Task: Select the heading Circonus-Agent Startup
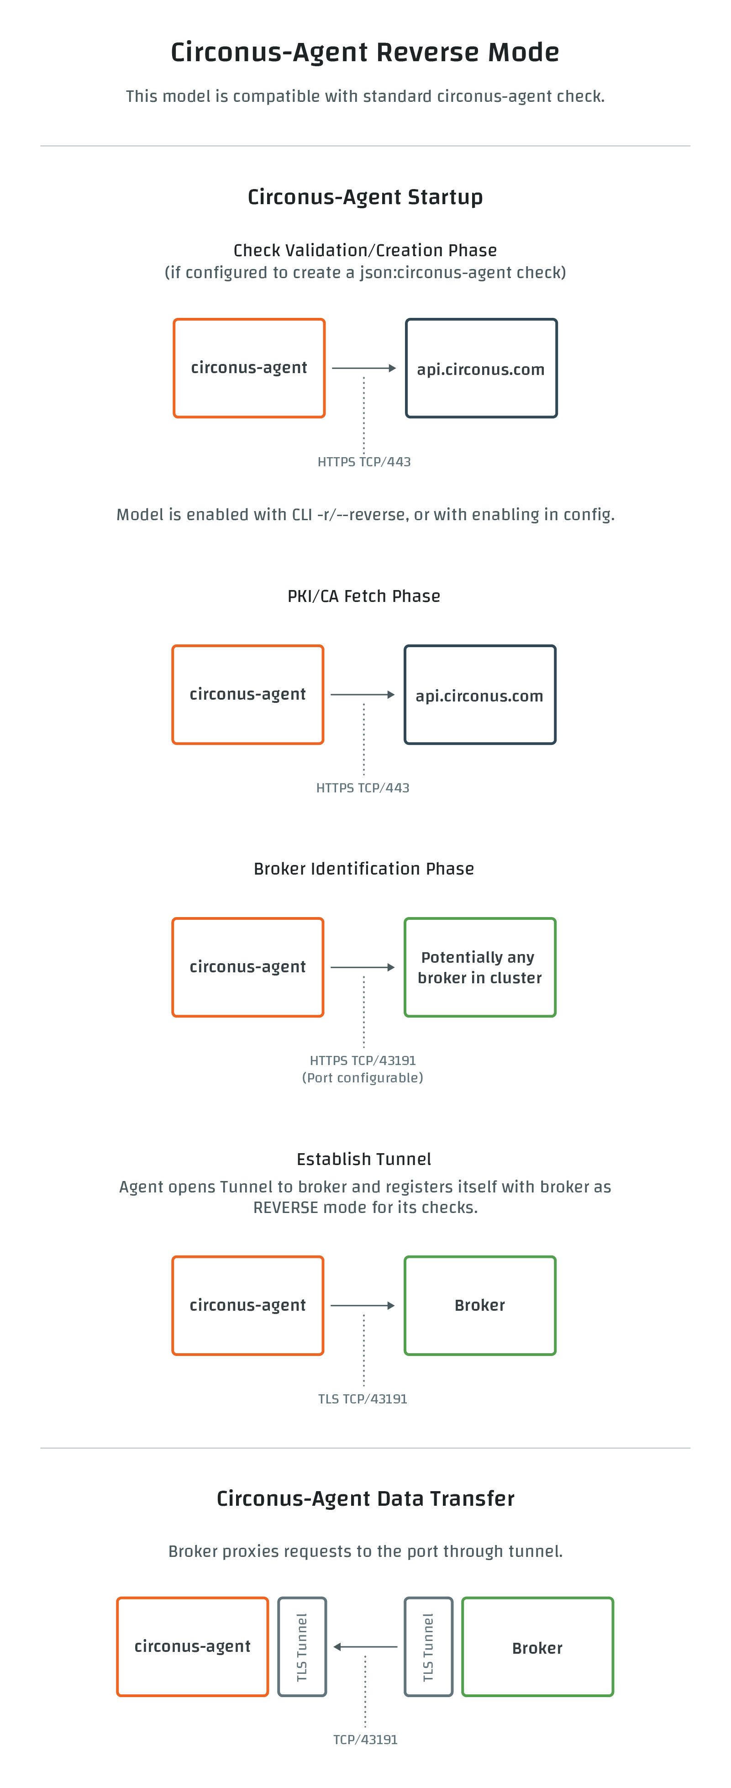[365, 197]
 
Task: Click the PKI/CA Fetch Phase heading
[364, 596]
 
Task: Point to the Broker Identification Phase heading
[364, 869]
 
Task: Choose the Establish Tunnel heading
[364, 1159]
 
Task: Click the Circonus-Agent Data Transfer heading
[365, 1498]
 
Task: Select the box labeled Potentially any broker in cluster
[480, 968]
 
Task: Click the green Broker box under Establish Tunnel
[480, 1306]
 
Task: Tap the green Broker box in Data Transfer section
[537, 1647]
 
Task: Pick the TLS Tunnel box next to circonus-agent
[302, 1647]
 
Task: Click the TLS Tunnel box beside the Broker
[428, 1647]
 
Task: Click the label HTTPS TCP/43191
[363, 1060]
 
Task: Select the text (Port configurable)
[363, 1078]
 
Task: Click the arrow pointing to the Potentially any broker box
[363, 968]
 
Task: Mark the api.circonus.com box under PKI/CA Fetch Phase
[480, 695]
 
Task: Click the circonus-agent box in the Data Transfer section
[192, 1647]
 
